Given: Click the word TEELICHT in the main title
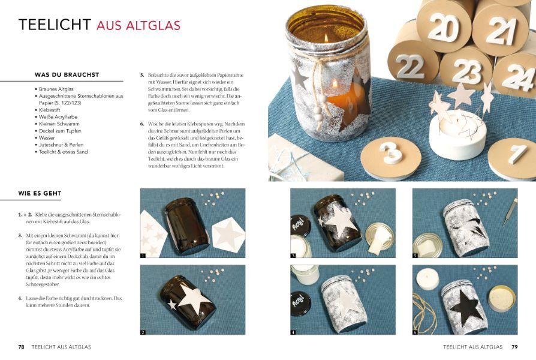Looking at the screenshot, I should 55,25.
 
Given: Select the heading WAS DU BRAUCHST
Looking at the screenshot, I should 67,75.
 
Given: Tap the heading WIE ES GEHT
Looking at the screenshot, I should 40,193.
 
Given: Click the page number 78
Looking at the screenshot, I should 21,347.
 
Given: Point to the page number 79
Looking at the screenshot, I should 514,347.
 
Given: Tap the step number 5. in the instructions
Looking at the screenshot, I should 142,75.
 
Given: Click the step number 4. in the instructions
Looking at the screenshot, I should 20,298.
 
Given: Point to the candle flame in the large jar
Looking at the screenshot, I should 326,37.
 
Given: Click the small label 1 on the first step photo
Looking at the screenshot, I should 143,256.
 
